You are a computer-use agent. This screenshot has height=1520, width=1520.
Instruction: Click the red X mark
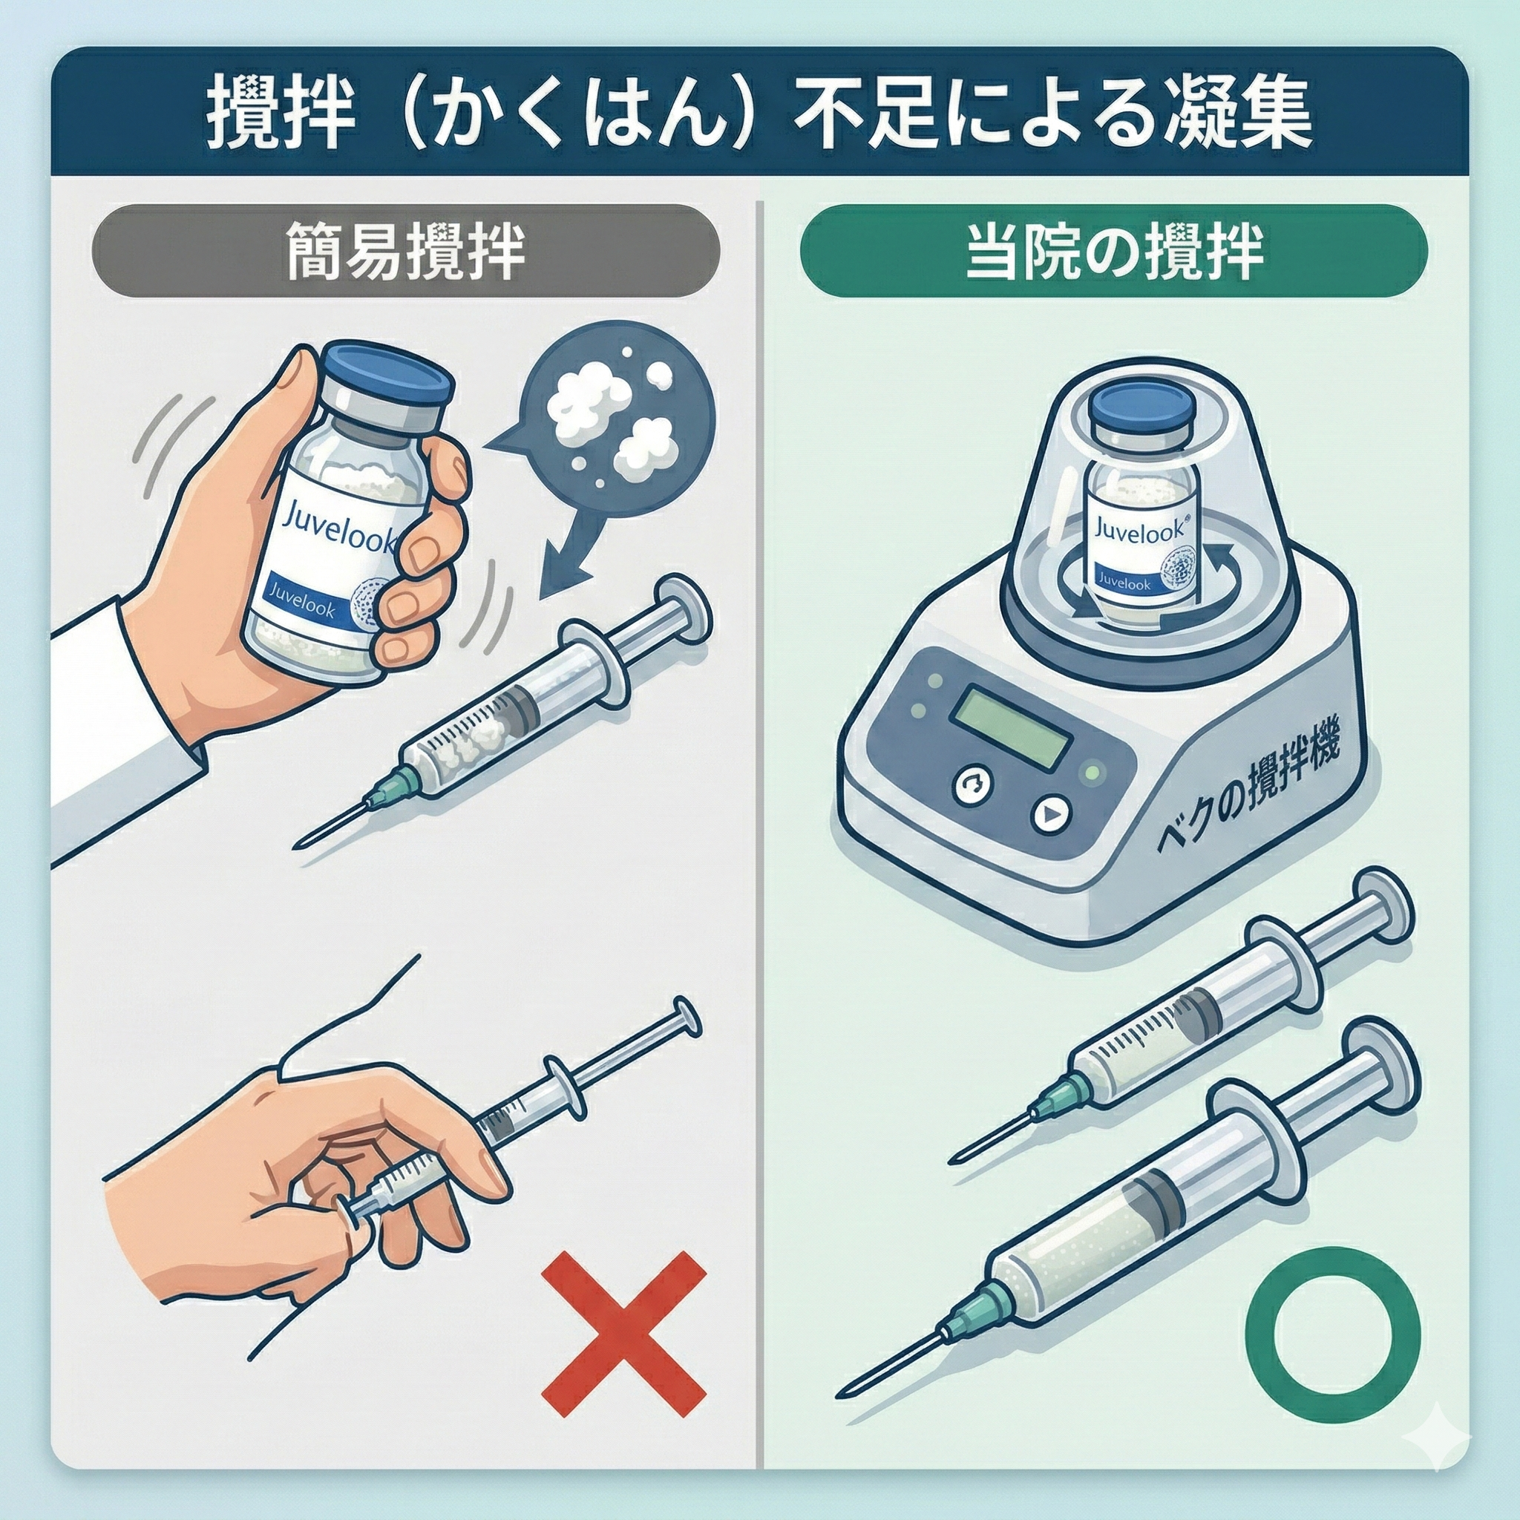[625, 1334]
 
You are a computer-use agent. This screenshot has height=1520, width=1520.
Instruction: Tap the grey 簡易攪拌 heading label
[406, 250]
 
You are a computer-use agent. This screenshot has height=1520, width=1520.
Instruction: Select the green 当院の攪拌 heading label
[1113, 250]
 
